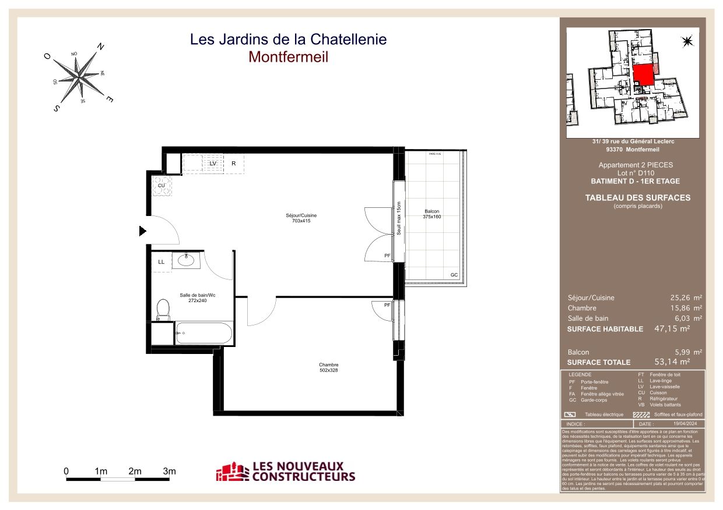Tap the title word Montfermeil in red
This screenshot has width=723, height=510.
coord(288,57)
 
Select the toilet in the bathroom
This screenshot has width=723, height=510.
coord(163,309)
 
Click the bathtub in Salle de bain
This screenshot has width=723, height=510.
coord(203,334)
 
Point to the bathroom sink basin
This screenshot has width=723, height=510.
coord(187,260)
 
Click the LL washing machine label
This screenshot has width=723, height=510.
coord(162,262)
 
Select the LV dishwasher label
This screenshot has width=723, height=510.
coord(213,164)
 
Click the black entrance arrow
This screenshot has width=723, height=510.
coord(142,231)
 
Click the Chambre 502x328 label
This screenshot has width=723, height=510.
coord(329,367)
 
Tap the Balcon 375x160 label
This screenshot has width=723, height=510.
coord(432,214)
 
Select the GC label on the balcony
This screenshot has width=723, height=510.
coord(454,275)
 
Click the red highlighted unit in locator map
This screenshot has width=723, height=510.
coord(643,75)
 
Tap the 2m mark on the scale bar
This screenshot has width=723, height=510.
coord(135,471)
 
